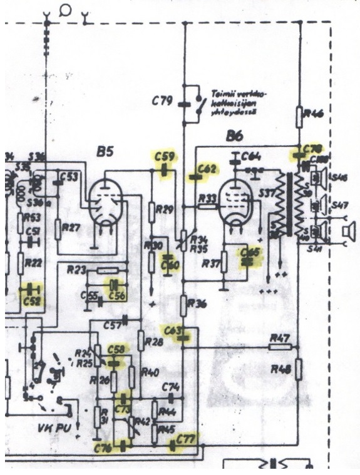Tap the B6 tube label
[236, 136]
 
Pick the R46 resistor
[301, 114]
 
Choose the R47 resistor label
[280, 338]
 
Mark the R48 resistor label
[279, 369]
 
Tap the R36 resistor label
[199, 304]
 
